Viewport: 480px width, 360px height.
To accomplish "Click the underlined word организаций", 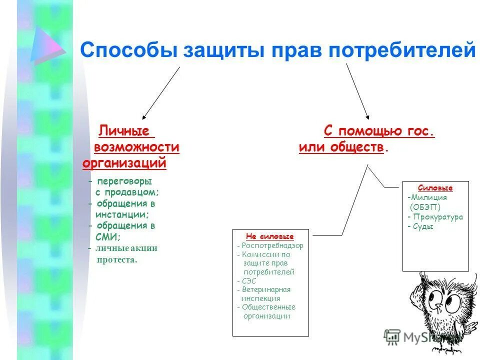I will click(x=124, y=163).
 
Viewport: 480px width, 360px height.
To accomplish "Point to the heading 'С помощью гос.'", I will click(x=379, y=131).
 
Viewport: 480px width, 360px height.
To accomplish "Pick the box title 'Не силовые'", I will click(x=270, y=236).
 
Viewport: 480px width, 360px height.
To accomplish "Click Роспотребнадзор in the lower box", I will click(x=272, y=245).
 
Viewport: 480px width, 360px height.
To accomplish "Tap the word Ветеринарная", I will click(x=266, y=289).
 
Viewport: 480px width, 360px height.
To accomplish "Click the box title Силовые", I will click(x=435, y=188).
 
